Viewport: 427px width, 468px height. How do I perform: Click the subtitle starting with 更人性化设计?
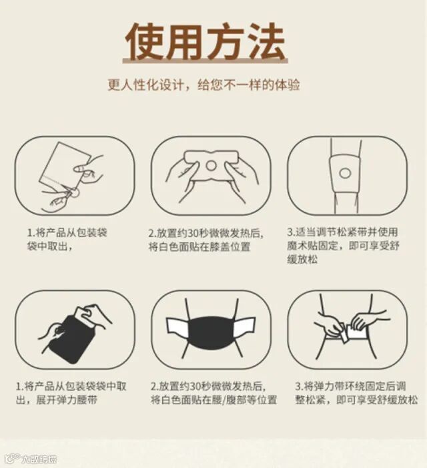[x=203, y=85]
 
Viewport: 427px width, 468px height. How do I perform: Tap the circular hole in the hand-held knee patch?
[x=211, y=166]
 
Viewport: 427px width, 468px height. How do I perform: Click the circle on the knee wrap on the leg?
[x=345, y=173]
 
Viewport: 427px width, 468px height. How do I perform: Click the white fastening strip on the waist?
[x=357, y=332]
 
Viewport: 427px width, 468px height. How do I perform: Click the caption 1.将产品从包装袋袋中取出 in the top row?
[x=67, y=240]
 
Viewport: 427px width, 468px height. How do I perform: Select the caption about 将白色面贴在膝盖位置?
[x=206, y=240]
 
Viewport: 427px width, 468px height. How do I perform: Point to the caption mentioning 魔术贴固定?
[x=343, y=246]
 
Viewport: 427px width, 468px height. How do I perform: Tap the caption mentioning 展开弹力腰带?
[x=71, y=393]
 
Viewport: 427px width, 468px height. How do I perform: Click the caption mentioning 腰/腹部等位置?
[x=213, y=393]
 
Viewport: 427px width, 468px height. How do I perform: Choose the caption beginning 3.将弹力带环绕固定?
[x=356, y=393]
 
